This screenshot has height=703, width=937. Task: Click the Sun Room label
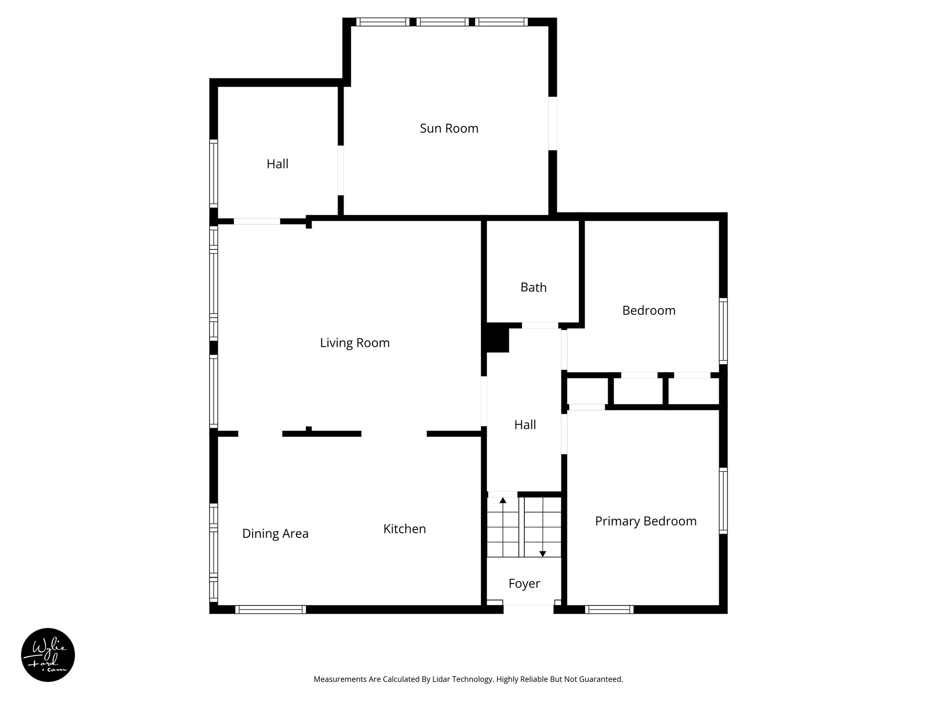tap(449, 129)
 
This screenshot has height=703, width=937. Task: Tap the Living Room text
tap(355, 343)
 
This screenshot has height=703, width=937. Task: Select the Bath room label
tap(533, 287)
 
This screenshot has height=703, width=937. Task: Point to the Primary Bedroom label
tap(646, 521)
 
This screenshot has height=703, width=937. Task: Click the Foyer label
tap(524, 584)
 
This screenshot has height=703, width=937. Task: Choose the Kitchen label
tap(404, 529)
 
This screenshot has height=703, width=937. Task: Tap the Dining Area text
tap(275, 534)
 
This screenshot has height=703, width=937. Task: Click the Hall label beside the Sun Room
tap(277, 164)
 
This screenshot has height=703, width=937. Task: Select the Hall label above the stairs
tap(525, 425)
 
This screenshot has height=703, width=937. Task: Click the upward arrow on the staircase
tap(503, 500)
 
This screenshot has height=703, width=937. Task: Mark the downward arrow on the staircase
tap(543, 554)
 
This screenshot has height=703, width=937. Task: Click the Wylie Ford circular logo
tap(48, 655)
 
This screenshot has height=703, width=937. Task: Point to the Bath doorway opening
tap(540, 325)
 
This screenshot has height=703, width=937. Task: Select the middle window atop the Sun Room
tap(442, 22)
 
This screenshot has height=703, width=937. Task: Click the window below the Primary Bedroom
tap(609, 609)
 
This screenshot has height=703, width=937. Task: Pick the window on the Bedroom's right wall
tap(723, 330)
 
